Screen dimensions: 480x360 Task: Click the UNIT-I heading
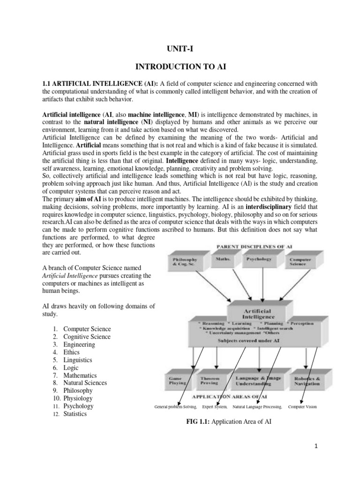180,48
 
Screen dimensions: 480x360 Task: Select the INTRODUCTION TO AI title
180,67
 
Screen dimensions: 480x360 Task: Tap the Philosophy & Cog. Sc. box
185,262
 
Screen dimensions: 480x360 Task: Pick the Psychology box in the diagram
259,259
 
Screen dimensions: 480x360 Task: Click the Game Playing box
178,380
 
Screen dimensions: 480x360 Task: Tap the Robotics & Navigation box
307,381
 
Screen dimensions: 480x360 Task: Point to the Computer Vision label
302,407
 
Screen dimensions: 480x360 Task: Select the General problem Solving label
176,407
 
